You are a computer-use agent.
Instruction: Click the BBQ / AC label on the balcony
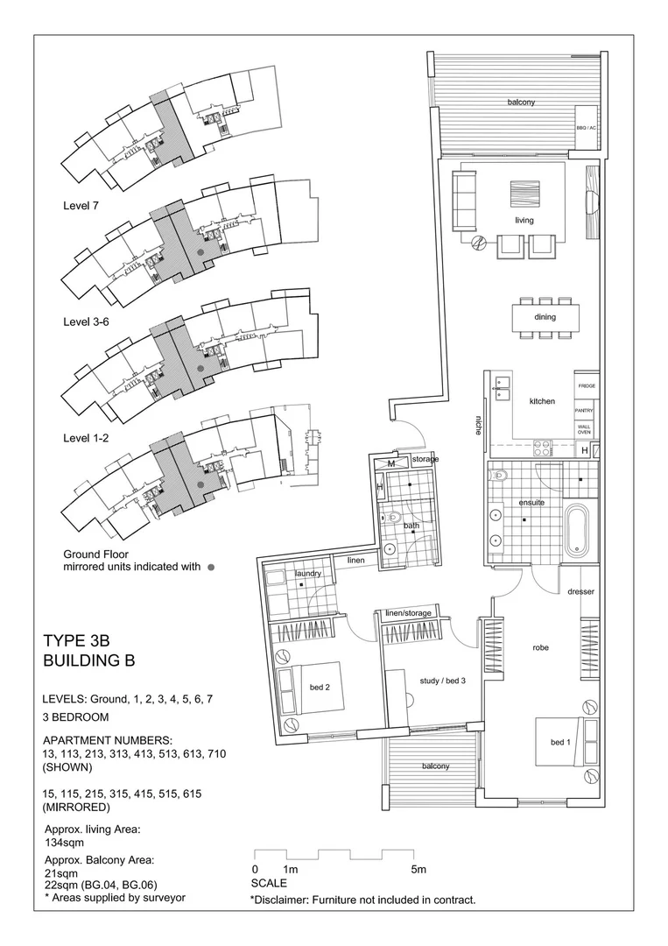click(x=586, y=128)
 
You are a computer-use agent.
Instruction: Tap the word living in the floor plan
click(x=524, y=221)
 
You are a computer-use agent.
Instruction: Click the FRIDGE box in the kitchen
click(x=586, y=385)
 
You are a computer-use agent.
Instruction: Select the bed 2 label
click(x=319, y=688)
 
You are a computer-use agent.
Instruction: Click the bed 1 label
click(x=560, y=743)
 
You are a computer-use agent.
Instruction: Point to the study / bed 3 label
click(x=442, y=680)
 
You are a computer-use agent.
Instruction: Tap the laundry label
click(x=309, y=573)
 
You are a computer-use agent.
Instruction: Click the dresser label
click(x=580, y=591)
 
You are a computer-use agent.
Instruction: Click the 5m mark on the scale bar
click(x=418, y=870)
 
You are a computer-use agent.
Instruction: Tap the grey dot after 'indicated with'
click(x=211, y=568)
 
